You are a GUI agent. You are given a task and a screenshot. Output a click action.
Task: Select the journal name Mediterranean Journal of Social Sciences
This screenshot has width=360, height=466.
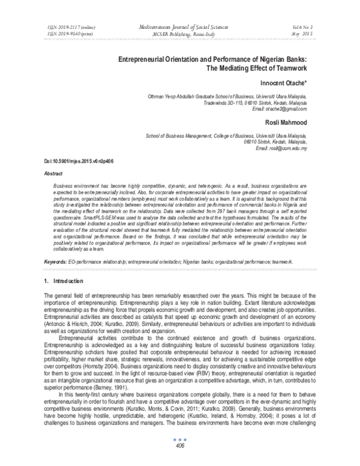[x=180, y=28]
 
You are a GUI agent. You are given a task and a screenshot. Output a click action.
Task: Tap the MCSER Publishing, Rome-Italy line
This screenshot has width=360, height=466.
[x=179, y=35]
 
